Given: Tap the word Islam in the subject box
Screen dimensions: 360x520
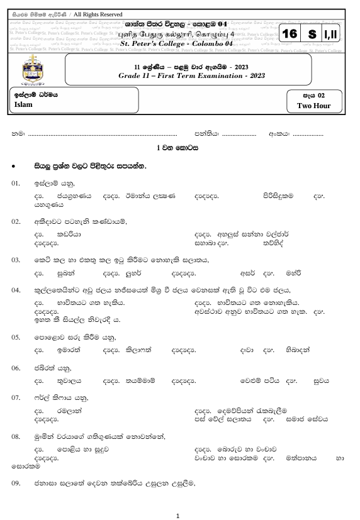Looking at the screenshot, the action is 23,105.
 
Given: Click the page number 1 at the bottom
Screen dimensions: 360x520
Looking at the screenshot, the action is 179,516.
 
